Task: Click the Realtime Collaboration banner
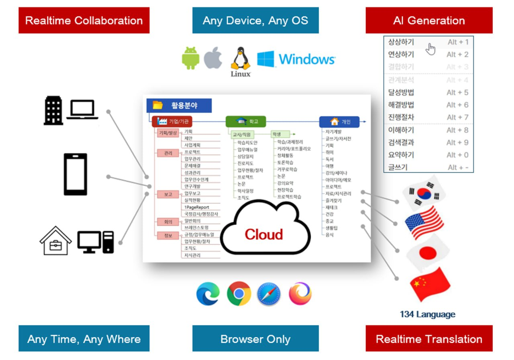pos(84,20)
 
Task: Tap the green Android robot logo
pos(191,58)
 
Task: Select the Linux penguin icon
pos(240,61)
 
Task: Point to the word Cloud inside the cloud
pos(264,234)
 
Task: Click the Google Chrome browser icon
pos(239,293)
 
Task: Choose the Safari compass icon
pos(269,293)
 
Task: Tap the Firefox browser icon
pos(300,293)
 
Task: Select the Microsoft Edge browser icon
pos(208,293)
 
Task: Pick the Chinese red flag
pos(429,285)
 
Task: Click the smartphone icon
pos(75,174)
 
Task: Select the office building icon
pos(53,110)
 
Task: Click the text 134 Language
pos(427,314)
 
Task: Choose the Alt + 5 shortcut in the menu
pos(457,92)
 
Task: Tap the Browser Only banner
pos(255,339)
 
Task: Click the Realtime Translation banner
pos(429,339)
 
